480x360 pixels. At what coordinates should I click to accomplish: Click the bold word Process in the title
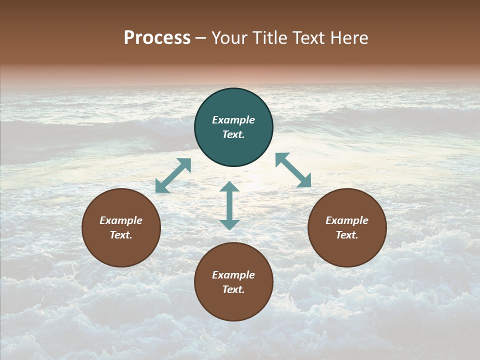157,38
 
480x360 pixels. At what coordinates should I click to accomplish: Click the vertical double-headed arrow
229,205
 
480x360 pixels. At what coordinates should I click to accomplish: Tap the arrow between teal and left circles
173,175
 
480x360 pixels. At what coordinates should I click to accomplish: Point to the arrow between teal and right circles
293,170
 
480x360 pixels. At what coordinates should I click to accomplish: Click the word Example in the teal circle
233,120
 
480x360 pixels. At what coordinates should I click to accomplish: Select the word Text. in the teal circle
233,134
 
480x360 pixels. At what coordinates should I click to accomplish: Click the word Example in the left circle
121,220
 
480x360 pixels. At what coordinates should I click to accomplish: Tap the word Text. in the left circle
121,235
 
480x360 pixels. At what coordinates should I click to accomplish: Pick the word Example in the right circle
347,220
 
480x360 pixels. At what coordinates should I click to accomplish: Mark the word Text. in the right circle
347,235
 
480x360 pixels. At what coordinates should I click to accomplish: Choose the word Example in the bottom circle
233,275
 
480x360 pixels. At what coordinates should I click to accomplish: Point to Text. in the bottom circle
233,289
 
